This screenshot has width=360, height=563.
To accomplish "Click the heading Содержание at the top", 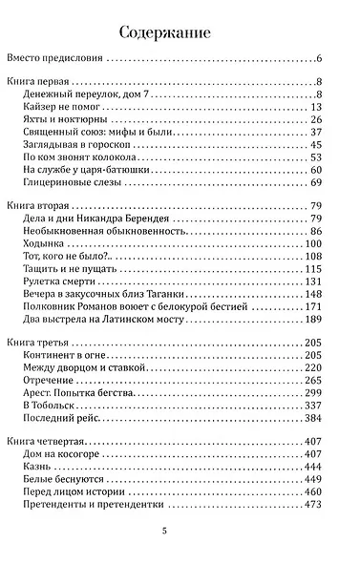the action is click(180, 34).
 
